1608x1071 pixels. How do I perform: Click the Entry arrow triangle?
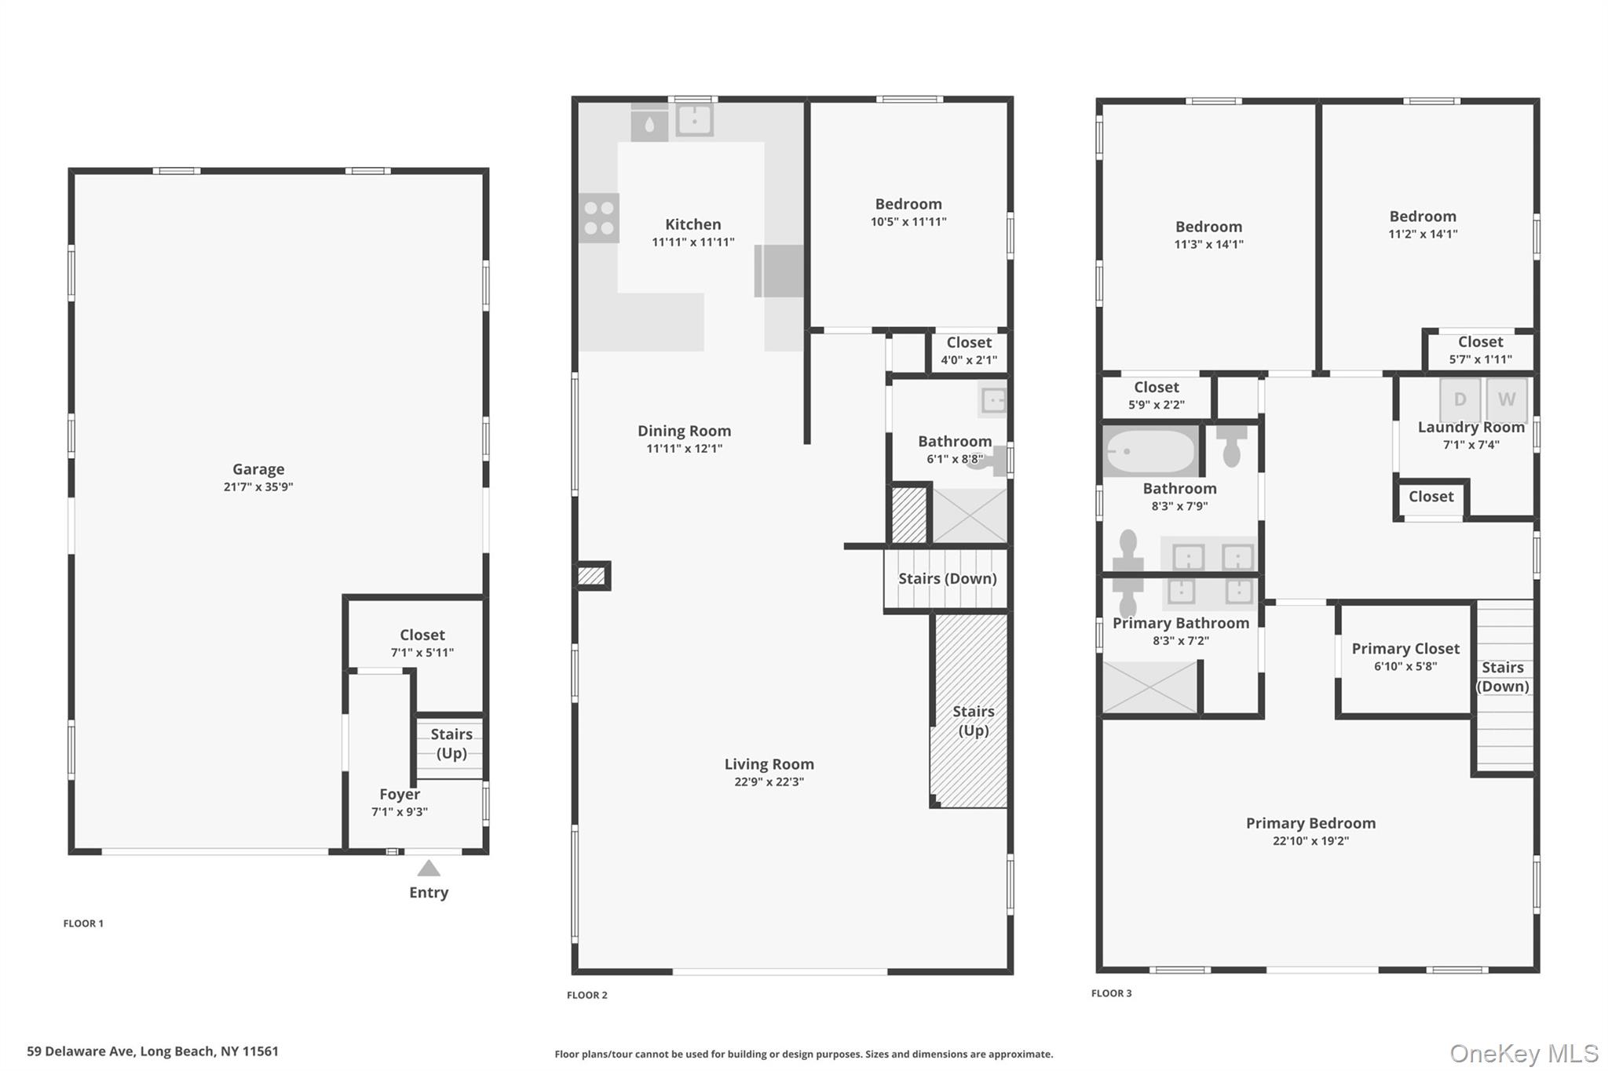click(428, 868)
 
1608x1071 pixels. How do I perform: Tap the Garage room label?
click(258, 469)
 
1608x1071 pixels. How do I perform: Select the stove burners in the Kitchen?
click(599, 218)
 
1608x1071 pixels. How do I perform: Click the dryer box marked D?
click(1460, 399)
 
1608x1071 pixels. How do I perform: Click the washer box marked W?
click(1506, 399)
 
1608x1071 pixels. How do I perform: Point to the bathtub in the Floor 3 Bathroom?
click(1150, 451)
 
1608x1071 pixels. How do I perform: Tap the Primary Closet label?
click(1405, 649)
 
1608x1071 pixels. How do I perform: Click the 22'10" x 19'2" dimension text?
click(1310, 841)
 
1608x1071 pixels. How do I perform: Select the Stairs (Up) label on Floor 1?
click(451, 743)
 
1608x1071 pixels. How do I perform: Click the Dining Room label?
click(684, 431)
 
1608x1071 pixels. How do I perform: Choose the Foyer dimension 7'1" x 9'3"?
click(399, 812)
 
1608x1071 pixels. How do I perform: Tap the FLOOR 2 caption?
click(587, 995)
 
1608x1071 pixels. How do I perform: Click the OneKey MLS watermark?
click(1523, 1053)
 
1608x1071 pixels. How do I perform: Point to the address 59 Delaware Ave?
click(152, 1051)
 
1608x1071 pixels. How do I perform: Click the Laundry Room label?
click(1471, 428)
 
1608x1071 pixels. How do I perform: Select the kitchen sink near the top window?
click(694, 120)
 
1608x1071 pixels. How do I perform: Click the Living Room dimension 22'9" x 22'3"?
click(769, 781)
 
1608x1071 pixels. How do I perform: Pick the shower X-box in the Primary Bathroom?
click(1149, 687)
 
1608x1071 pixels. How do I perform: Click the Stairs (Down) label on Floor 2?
click(947, 578)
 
